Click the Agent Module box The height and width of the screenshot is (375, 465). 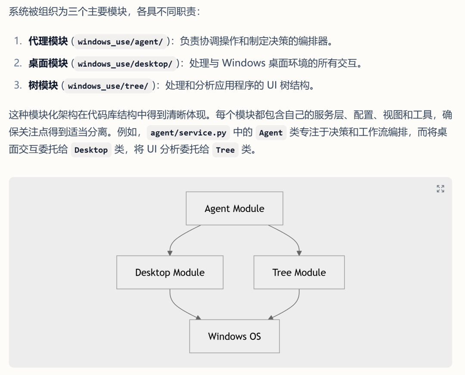pyautogui.click(x=234, y=209)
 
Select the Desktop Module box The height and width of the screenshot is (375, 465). pyautogui.click(x=170, y=272)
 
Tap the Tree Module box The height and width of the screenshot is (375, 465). pyautogui.click(x=299, y=272)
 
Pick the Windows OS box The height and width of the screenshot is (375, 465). pyautogui.click(x=234, y=336)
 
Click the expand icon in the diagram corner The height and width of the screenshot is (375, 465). pyautogui.click(x=440, y=189)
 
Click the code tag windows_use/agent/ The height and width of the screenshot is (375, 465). pyautogui.click(x=120, y=42)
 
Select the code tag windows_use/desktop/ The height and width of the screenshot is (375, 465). pyautogui.click(x=125, y=64)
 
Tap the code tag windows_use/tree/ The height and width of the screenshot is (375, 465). pyautogui.click(x=108, y=86)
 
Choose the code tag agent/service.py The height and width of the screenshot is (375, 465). pyautogui.click(x=188, y=133)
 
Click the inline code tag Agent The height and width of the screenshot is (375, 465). pyautogui.click(x=270, y=133)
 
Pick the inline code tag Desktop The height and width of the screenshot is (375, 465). pyautogui.click(x=91, y=150)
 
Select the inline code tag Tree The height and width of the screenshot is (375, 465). pyautogui.click(x=225, y=150)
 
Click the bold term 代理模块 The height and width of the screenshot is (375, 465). pyautogui.click(x=48, y=41)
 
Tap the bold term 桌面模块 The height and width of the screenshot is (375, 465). pyautogui.click(x=48, y=64)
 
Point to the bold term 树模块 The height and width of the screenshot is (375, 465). pyautogui.click(x=43, y=86)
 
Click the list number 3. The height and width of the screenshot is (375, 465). pyautogui.click(x=17, y=86)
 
